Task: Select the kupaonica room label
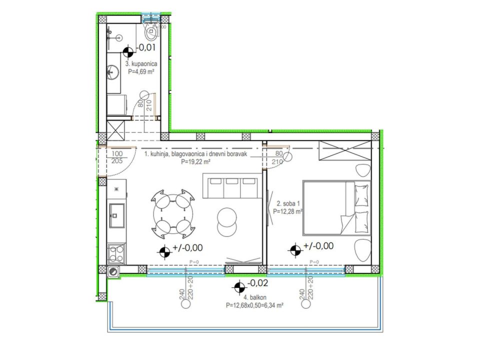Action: point(141,63)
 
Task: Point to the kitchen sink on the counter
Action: point(116,216)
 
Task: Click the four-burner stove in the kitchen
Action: point(116,254)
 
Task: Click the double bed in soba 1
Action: point(336,208)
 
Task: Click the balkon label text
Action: point(254,297)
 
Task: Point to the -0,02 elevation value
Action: point(257,283)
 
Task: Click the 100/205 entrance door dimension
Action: point(117,157)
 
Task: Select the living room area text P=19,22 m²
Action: point(195,162)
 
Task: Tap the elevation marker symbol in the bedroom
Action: point(295,250)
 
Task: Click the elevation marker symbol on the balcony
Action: point(239,287)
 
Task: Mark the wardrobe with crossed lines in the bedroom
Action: point(345,150)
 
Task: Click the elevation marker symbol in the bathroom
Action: point(128,52)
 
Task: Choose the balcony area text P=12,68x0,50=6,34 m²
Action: point(254,305)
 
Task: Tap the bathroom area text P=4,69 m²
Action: point(141,71)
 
